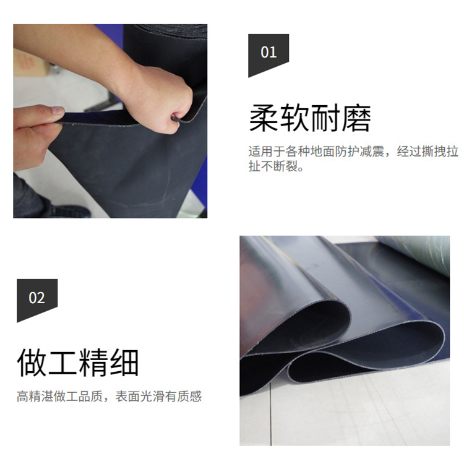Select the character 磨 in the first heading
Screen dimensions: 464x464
(x=356, y=118)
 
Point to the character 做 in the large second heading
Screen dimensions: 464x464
(x=32, y=363)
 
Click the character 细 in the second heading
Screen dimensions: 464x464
(x=124, y=363)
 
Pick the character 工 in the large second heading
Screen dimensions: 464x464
(x=62, y=363)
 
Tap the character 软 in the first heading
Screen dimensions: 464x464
(x=294, y=118)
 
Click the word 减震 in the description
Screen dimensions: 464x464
(x=372, y=152)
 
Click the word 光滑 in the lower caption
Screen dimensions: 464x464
(x=152, y=397)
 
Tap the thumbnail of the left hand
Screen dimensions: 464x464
(x=58, y=111)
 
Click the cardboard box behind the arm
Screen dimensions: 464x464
(x=30, y=62)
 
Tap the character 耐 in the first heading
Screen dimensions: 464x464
(x=325, y=118)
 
